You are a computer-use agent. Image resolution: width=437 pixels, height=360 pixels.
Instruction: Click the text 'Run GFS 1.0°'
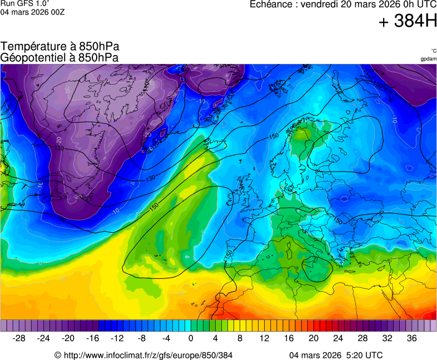(24, 3)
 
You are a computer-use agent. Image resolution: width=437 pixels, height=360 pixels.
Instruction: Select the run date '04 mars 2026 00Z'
(32, 12)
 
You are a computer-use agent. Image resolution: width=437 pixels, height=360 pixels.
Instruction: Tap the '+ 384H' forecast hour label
(408, 22)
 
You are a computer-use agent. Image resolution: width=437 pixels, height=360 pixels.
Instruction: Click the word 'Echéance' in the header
(270, 4)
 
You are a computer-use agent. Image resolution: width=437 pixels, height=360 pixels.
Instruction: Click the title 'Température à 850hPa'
(60, 47)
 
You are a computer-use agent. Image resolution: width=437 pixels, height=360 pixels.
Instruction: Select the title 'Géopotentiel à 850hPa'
(59, 57)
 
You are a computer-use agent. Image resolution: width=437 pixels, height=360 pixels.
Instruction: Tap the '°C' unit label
(433, 51)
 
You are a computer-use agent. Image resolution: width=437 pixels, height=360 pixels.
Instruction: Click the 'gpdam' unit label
(428, 59)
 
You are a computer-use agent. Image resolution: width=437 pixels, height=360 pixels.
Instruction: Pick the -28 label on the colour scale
(19, 338)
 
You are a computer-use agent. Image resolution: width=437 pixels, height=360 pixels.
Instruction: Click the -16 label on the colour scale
(93, 338)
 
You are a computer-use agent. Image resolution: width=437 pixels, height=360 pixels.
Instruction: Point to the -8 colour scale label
(142, 338)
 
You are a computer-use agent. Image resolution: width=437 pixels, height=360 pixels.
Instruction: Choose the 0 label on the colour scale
(191, 338)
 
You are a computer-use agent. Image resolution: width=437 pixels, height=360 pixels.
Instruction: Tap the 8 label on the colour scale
(240, 338)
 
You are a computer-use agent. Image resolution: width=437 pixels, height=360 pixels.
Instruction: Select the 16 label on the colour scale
(289, 338)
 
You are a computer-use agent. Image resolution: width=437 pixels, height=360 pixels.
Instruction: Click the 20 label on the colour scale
(313, 338)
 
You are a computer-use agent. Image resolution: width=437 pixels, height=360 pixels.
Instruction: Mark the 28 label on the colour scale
(362, 338)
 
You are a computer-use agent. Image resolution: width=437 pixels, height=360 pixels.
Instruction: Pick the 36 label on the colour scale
(411, 338)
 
